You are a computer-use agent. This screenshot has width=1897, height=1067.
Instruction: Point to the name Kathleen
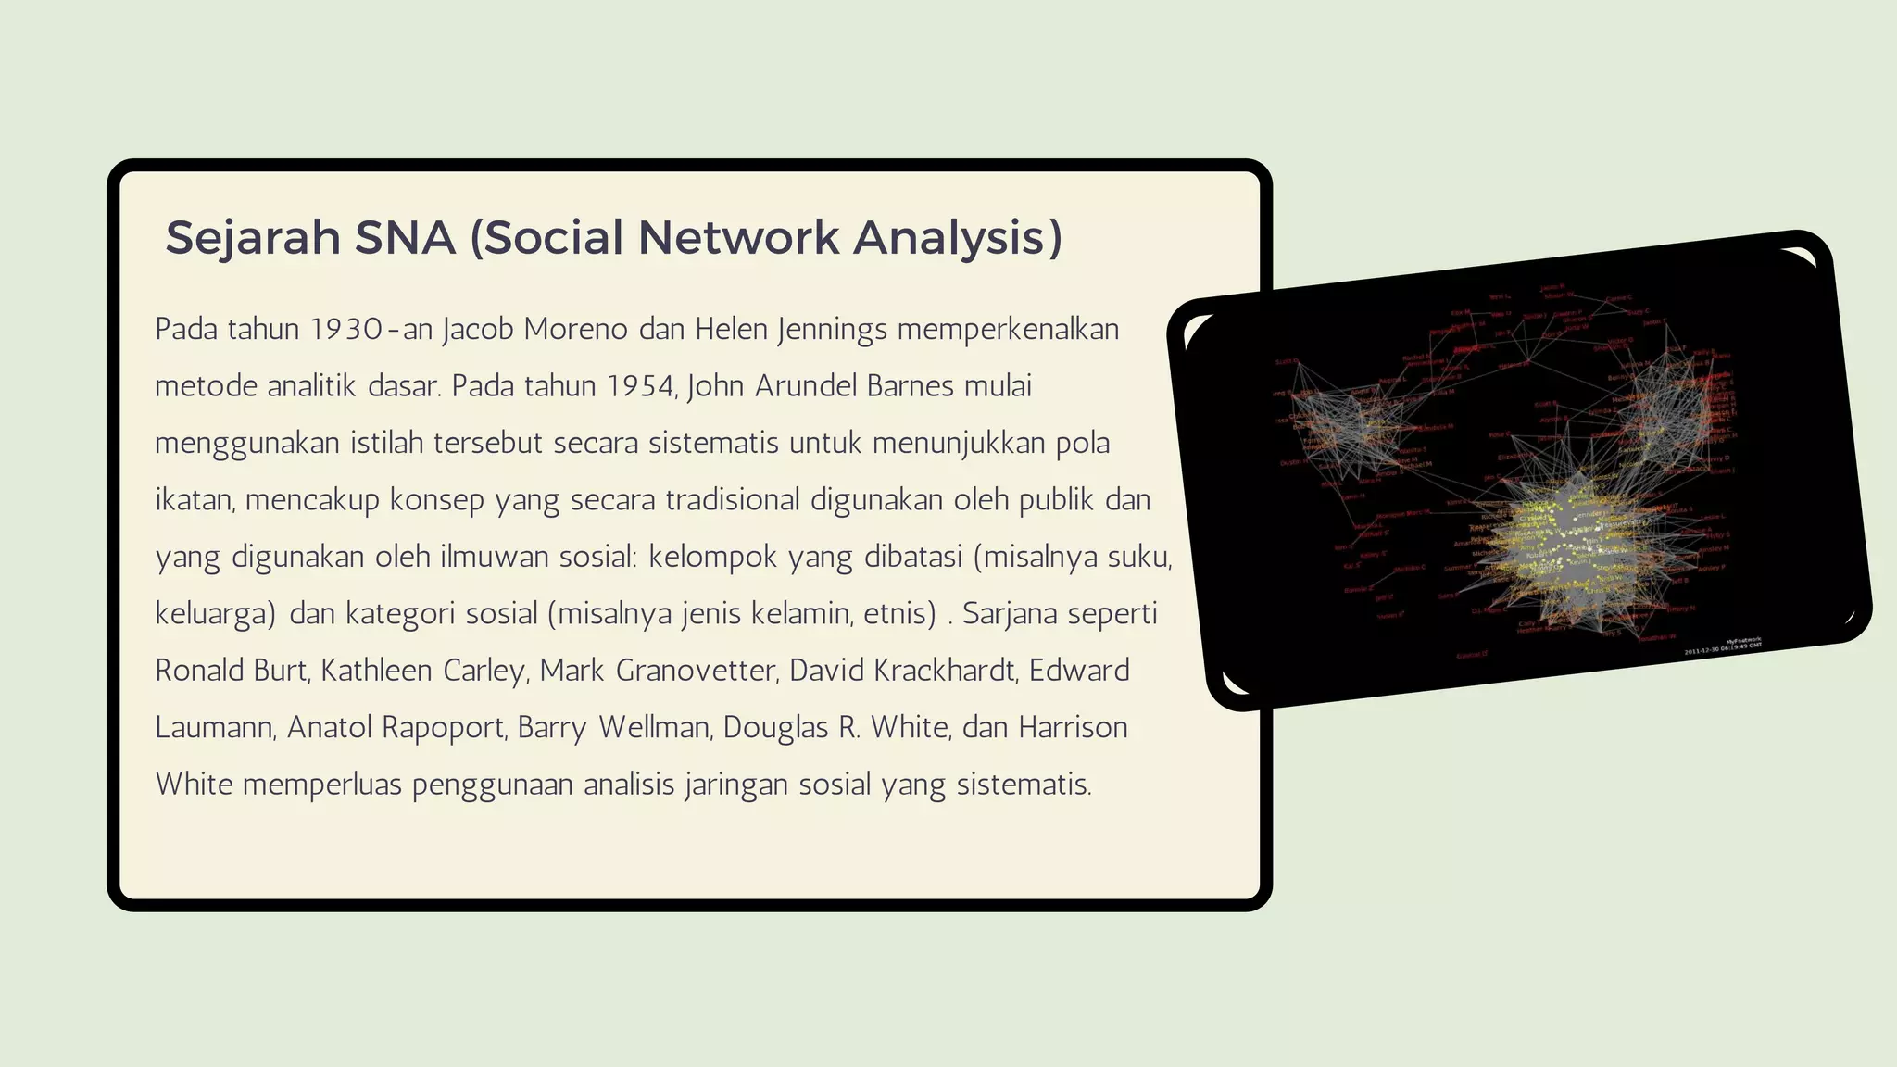click(377, 671)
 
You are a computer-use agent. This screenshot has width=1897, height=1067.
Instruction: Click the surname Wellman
click(654, 728)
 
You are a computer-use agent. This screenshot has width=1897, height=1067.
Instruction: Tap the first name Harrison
click(1073, 728)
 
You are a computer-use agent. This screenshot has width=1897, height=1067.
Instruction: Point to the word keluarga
click(215, 614)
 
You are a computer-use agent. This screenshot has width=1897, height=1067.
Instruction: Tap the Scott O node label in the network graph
click(1287, 362)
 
